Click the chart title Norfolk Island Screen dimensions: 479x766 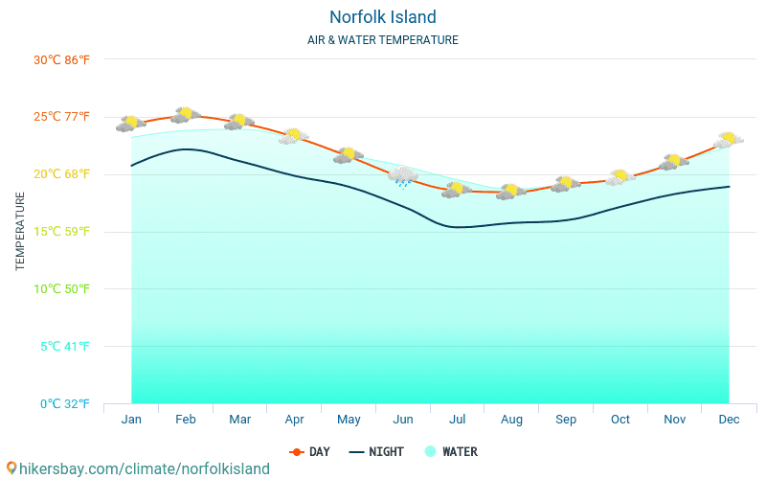382,17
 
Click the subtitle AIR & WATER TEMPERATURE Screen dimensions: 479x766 382,40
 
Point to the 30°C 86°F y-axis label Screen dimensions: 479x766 61,59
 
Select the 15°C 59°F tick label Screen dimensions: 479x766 61,231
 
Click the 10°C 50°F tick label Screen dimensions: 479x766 61,288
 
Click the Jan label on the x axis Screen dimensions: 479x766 131,420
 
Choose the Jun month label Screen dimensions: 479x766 403,420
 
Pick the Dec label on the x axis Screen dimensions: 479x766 729,420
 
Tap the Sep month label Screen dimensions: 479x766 566,420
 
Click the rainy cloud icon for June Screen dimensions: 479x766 403,176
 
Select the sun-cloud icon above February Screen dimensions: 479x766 185,115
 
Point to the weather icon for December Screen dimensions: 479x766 729,140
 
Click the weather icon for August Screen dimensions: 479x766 511,192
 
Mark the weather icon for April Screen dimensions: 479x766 294,136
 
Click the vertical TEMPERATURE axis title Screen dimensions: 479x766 20,231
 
